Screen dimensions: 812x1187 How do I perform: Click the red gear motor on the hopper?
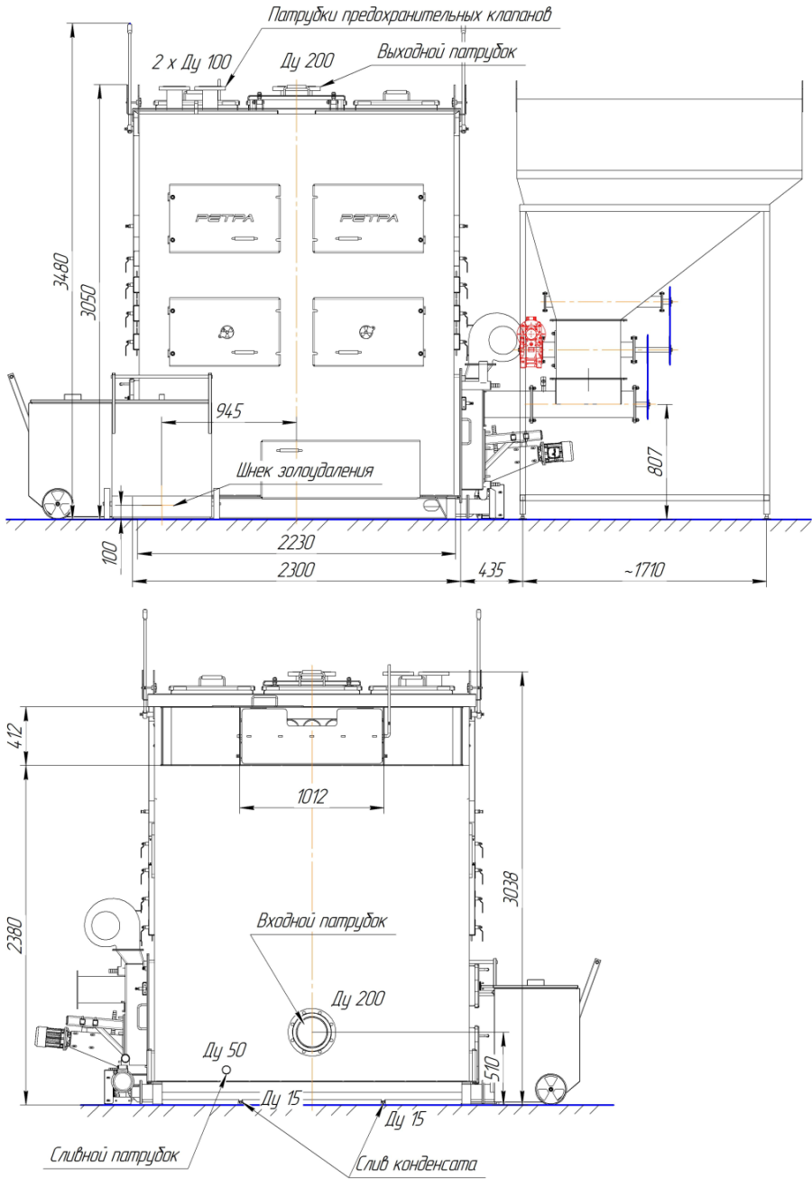531,342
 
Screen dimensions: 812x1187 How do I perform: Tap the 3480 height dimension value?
61,271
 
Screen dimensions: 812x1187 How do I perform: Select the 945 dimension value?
228,410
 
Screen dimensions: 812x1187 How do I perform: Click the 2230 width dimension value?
296,541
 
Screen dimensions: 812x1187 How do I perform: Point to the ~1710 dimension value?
643,570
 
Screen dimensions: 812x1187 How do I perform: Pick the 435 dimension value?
491,570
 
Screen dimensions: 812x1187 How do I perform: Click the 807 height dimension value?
655,461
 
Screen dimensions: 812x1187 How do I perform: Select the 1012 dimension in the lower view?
311,796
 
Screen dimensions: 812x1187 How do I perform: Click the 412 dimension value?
16,735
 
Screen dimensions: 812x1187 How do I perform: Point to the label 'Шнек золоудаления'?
305,471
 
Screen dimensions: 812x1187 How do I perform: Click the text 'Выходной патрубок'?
447,52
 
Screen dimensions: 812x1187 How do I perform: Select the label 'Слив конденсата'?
416,1164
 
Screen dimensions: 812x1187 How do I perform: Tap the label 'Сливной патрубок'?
115,1155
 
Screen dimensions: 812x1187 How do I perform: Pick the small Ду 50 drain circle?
226,1070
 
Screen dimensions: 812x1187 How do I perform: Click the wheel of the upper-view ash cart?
57,503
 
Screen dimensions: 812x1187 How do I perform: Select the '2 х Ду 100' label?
191,62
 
